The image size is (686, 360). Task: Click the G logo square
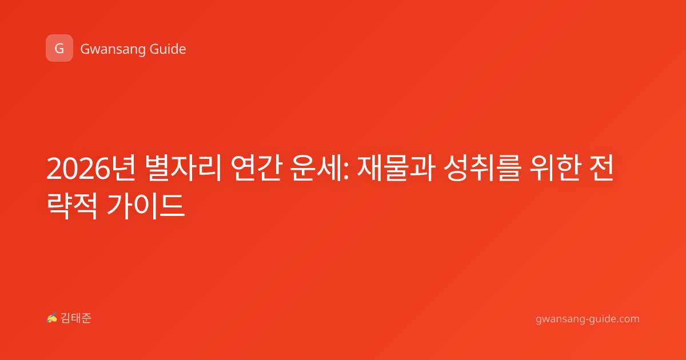pos(59,48)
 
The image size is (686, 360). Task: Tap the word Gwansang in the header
pos(113,49)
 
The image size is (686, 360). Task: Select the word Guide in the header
pos(168,49)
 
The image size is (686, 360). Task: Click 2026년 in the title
pos(91,168)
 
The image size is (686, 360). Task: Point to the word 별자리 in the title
pos(183,168)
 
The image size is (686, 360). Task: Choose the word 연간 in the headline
pos(256,168)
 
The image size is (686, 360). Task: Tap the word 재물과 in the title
pos(396,168)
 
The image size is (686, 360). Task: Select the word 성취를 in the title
pos(482,168)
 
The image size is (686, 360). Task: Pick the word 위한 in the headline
pos(555,168)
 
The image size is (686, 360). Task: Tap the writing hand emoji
pos(52,318)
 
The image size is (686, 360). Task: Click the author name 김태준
pos(76,318)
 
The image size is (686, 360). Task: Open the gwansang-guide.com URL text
pos(588,319)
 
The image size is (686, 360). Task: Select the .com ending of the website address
pos(627,319)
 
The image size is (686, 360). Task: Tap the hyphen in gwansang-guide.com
pos(587,319)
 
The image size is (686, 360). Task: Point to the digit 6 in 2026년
pos(102,169)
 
